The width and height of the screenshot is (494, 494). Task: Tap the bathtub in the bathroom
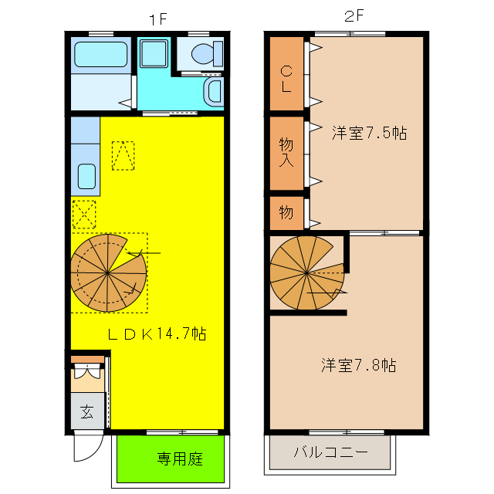click(x=100, y=56)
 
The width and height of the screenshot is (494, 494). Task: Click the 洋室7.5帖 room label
click(x=369, y=132)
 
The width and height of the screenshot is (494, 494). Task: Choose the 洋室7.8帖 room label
click(x=359, y=364)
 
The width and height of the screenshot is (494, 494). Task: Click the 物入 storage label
click(x=286, y=153)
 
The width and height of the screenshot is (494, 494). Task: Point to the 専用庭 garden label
click(x=180, y=458)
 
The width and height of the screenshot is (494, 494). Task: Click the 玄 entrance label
click(x=87, y=411)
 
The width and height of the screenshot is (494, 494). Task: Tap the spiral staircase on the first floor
click(x=108, y=271)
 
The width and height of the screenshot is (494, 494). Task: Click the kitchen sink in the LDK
click(x=86, y=178)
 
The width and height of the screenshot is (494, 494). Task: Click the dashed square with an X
click(x=83, y=214)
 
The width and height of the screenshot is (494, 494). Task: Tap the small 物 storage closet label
click(x=286, y=212)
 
